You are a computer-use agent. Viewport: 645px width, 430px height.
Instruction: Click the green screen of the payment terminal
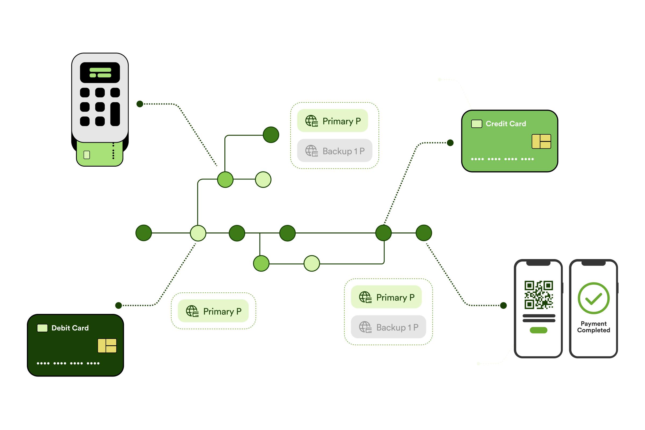[100, 73]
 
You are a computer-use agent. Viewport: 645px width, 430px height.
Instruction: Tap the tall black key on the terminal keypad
[115, 114]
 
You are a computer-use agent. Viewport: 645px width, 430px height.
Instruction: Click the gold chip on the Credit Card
[541, 141]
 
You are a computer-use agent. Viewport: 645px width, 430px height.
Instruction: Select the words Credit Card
[506, 124]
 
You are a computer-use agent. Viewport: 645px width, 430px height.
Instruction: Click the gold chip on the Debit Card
[107, 345]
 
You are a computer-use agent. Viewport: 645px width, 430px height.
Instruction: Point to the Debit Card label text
[70, 328]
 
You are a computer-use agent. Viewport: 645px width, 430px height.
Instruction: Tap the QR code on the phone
[539, 295]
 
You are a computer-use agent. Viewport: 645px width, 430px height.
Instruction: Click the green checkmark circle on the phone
[593, 298]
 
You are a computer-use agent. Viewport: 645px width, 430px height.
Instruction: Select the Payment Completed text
[593, 327]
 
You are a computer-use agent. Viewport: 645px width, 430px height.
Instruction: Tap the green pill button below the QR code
[538, 330]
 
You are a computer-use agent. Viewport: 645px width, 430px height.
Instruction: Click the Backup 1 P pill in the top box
[335, 150]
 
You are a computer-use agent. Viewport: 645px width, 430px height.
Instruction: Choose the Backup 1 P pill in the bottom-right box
[388, 327]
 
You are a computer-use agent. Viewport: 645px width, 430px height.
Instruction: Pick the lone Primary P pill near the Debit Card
[213, 311]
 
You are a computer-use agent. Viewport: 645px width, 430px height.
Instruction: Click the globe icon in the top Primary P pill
[311, 121]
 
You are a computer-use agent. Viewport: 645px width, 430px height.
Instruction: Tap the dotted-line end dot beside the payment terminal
[140, 104]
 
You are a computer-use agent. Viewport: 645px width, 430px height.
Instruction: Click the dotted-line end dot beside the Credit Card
[450, 143]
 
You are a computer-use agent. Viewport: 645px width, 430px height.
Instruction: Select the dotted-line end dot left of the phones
[503, 306]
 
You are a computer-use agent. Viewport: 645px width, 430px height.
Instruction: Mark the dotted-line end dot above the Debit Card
[119, 306]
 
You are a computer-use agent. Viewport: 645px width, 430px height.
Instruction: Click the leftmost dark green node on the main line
[144, 233]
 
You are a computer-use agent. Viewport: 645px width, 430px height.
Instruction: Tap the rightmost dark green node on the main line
[424, 233]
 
